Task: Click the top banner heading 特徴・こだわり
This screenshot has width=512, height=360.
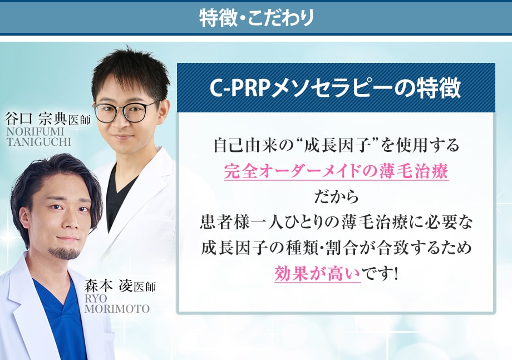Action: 257,18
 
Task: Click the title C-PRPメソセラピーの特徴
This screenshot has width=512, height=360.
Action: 336,88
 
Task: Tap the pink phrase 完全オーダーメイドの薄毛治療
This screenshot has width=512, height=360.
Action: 336,171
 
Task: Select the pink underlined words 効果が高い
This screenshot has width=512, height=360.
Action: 317,274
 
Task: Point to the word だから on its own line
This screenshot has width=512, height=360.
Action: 336,197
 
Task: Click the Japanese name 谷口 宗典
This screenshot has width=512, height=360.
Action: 36,119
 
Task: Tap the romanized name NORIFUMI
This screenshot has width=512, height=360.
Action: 35,131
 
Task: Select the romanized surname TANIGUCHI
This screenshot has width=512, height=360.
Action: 38,142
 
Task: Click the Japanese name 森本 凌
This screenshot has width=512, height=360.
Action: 109,285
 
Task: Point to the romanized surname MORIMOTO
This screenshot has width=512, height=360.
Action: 117,308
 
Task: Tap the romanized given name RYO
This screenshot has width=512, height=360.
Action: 96,298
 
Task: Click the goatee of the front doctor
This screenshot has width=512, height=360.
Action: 65,253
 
